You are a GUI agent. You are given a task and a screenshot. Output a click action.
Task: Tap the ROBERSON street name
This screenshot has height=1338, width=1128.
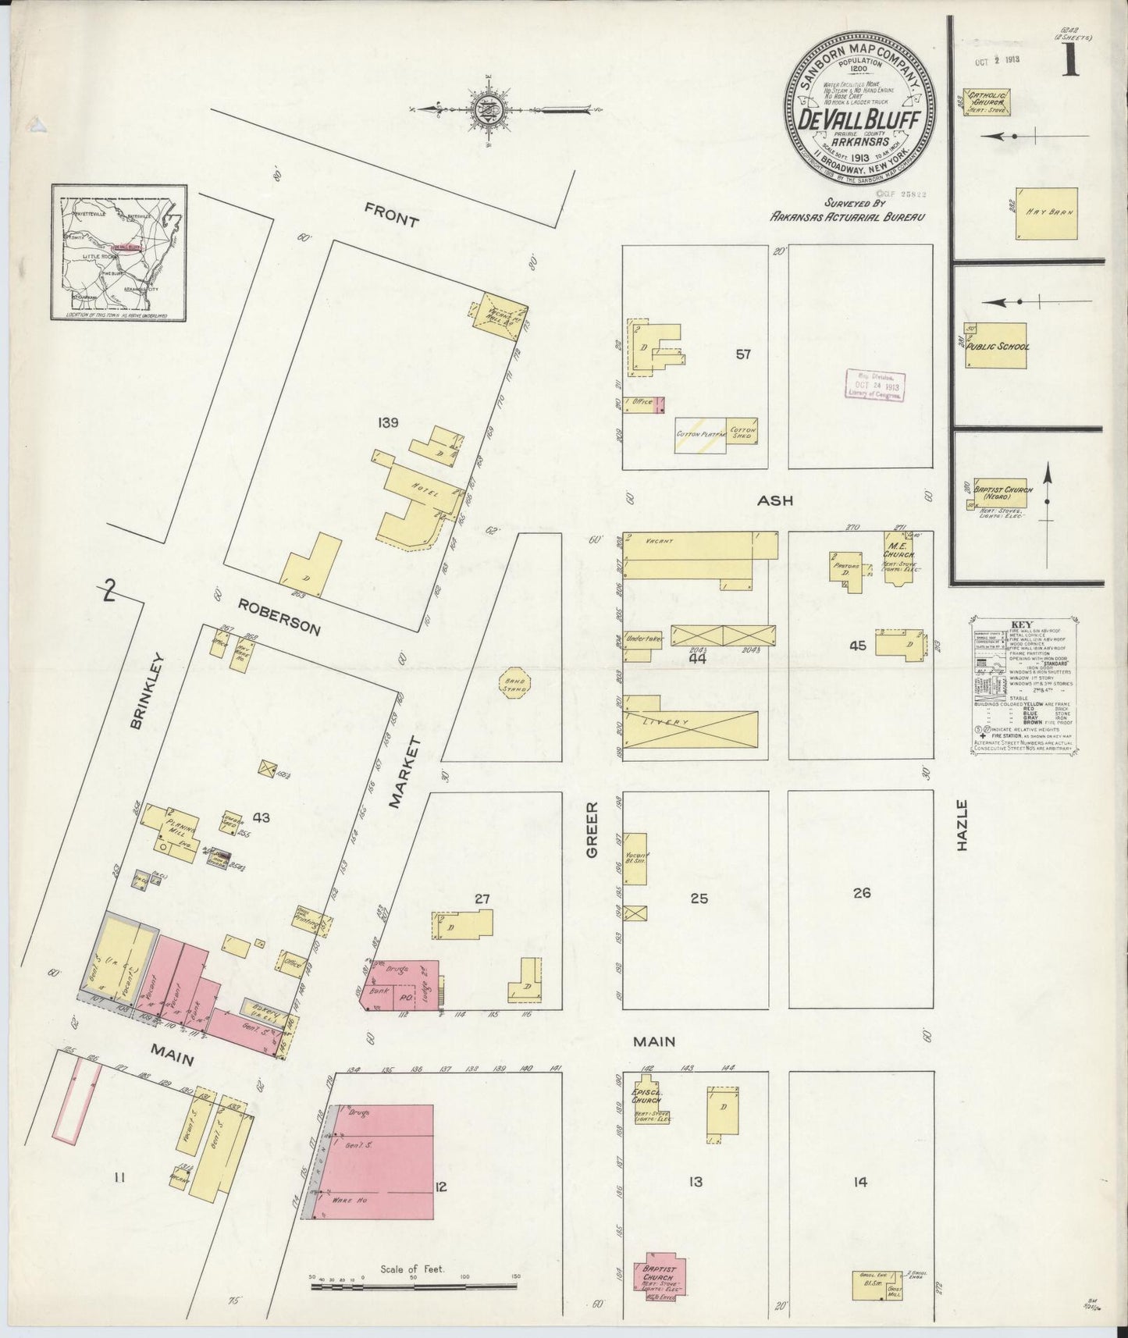[279, 617]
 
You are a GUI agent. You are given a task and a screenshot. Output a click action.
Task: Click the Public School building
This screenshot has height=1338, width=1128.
[995, 346]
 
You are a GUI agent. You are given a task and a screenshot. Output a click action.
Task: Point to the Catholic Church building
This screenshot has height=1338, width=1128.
[987, 102]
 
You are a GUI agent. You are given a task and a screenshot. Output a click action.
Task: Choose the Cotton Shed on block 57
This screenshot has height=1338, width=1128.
[741, 432]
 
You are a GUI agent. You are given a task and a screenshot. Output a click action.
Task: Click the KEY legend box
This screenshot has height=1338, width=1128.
[1024, 686]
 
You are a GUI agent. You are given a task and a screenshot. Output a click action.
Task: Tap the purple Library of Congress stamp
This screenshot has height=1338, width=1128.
[875, 386]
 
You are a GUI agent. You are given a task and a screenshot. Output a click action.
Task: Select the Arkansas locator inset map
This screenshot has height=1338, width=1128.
[119, 252]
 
